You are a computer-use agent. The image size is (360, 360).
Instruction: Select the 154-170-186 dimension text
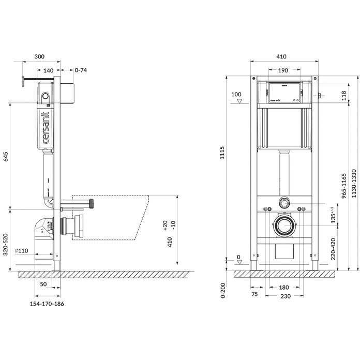click(x=47, y=304)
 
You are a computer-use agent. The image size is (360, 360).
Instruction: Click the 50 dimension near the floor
click(x=43, y=285)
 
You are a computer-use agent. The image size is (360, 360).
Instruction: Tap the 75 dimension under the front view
click(x=254, y=294)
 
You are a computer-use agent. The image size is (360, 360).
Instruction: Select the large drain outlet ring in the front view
click(x=282, y=226)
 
